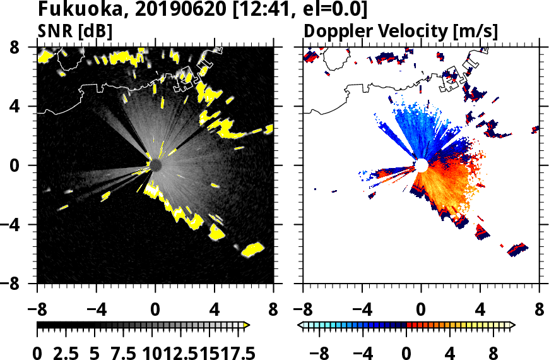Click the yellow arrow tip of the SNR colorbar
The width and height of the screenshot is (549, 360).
[246, 325]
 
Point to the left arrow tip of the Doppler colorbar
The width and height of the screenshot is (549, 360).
[301, 325]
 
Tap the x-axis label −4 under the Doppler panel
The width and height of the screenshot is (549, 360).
[362, 310]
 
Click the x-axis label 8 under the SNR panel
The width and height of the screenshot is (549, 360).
[273, 310]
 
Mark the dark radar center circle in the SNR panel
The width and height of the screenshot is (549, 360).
[155, 165]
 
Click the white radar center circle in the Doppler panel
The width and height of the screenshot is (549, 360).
[421, 165]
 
